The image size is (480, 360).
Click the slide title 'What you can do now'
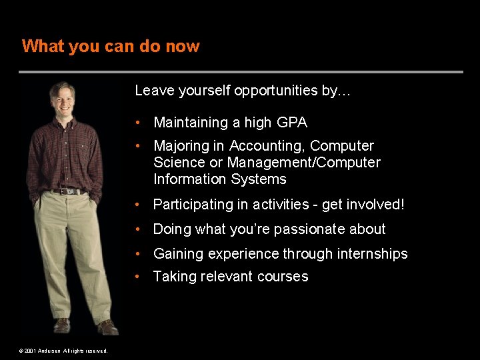point(111,46)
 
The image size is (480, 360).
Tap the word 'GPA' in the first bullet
point(293,123)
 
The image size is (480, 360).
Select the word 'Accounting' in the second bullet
point(267,146)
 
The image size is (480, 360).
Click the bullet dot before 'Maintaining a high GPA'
point(137,123)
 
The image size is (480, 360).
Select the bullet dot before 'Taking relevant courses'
point(137,277)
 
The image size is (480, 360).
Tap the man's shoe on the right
point(107,327)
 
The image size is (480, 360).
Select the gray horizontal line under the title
point(240,72)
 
